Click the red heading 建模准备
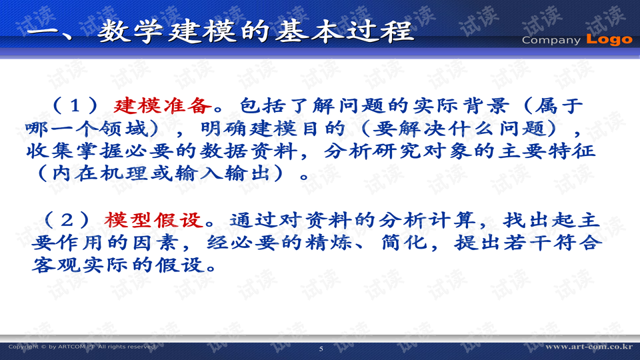click(x=164, y=105)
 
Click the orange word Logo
click(x=609, y=39)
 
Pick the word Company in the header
click(x=551, y=40)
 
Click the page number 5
click(x=321, y=349)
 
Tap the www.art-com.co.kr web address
click(x=588, y=347)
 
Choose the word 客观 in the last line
click(x=53, y=265)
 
